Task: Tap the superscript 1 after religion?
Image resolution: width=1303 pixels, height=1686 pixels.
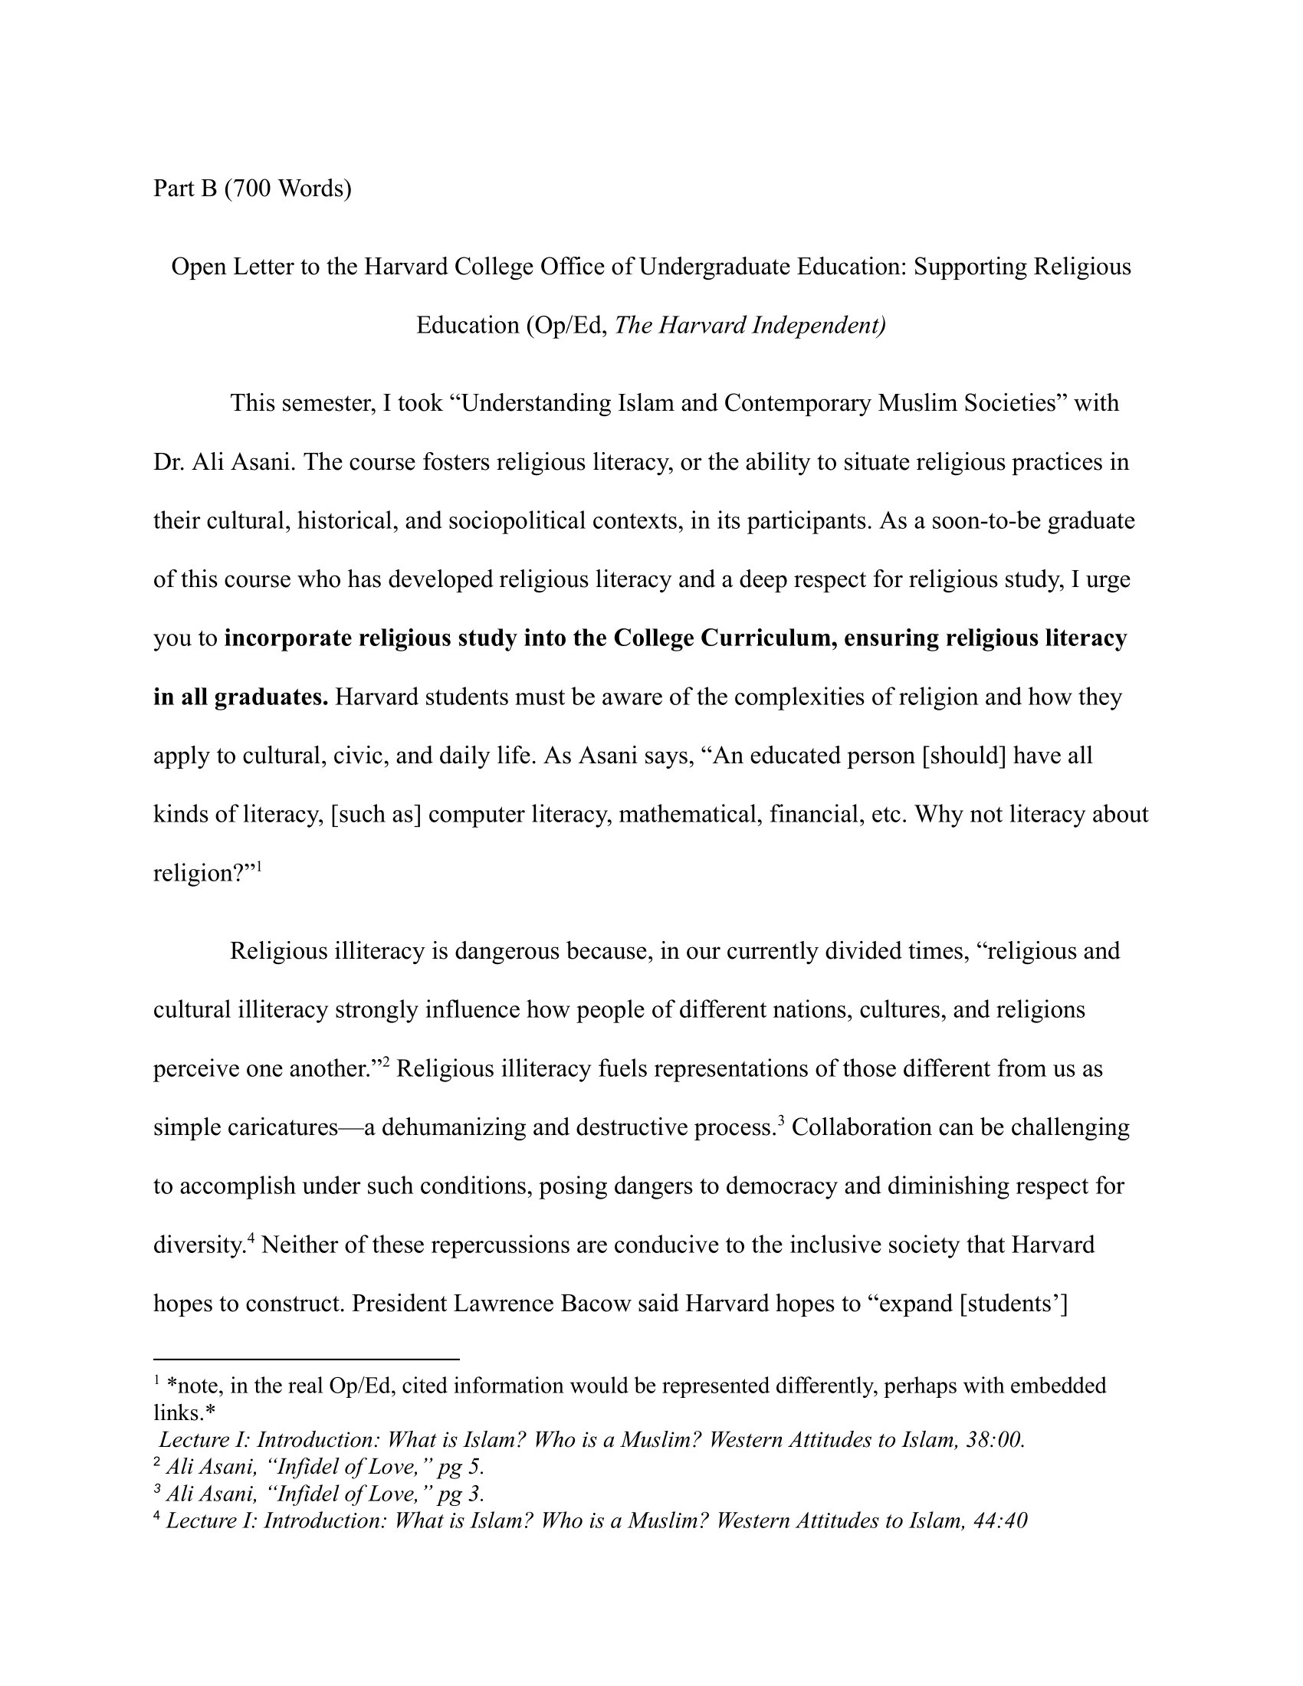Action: tap(259, 867)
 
